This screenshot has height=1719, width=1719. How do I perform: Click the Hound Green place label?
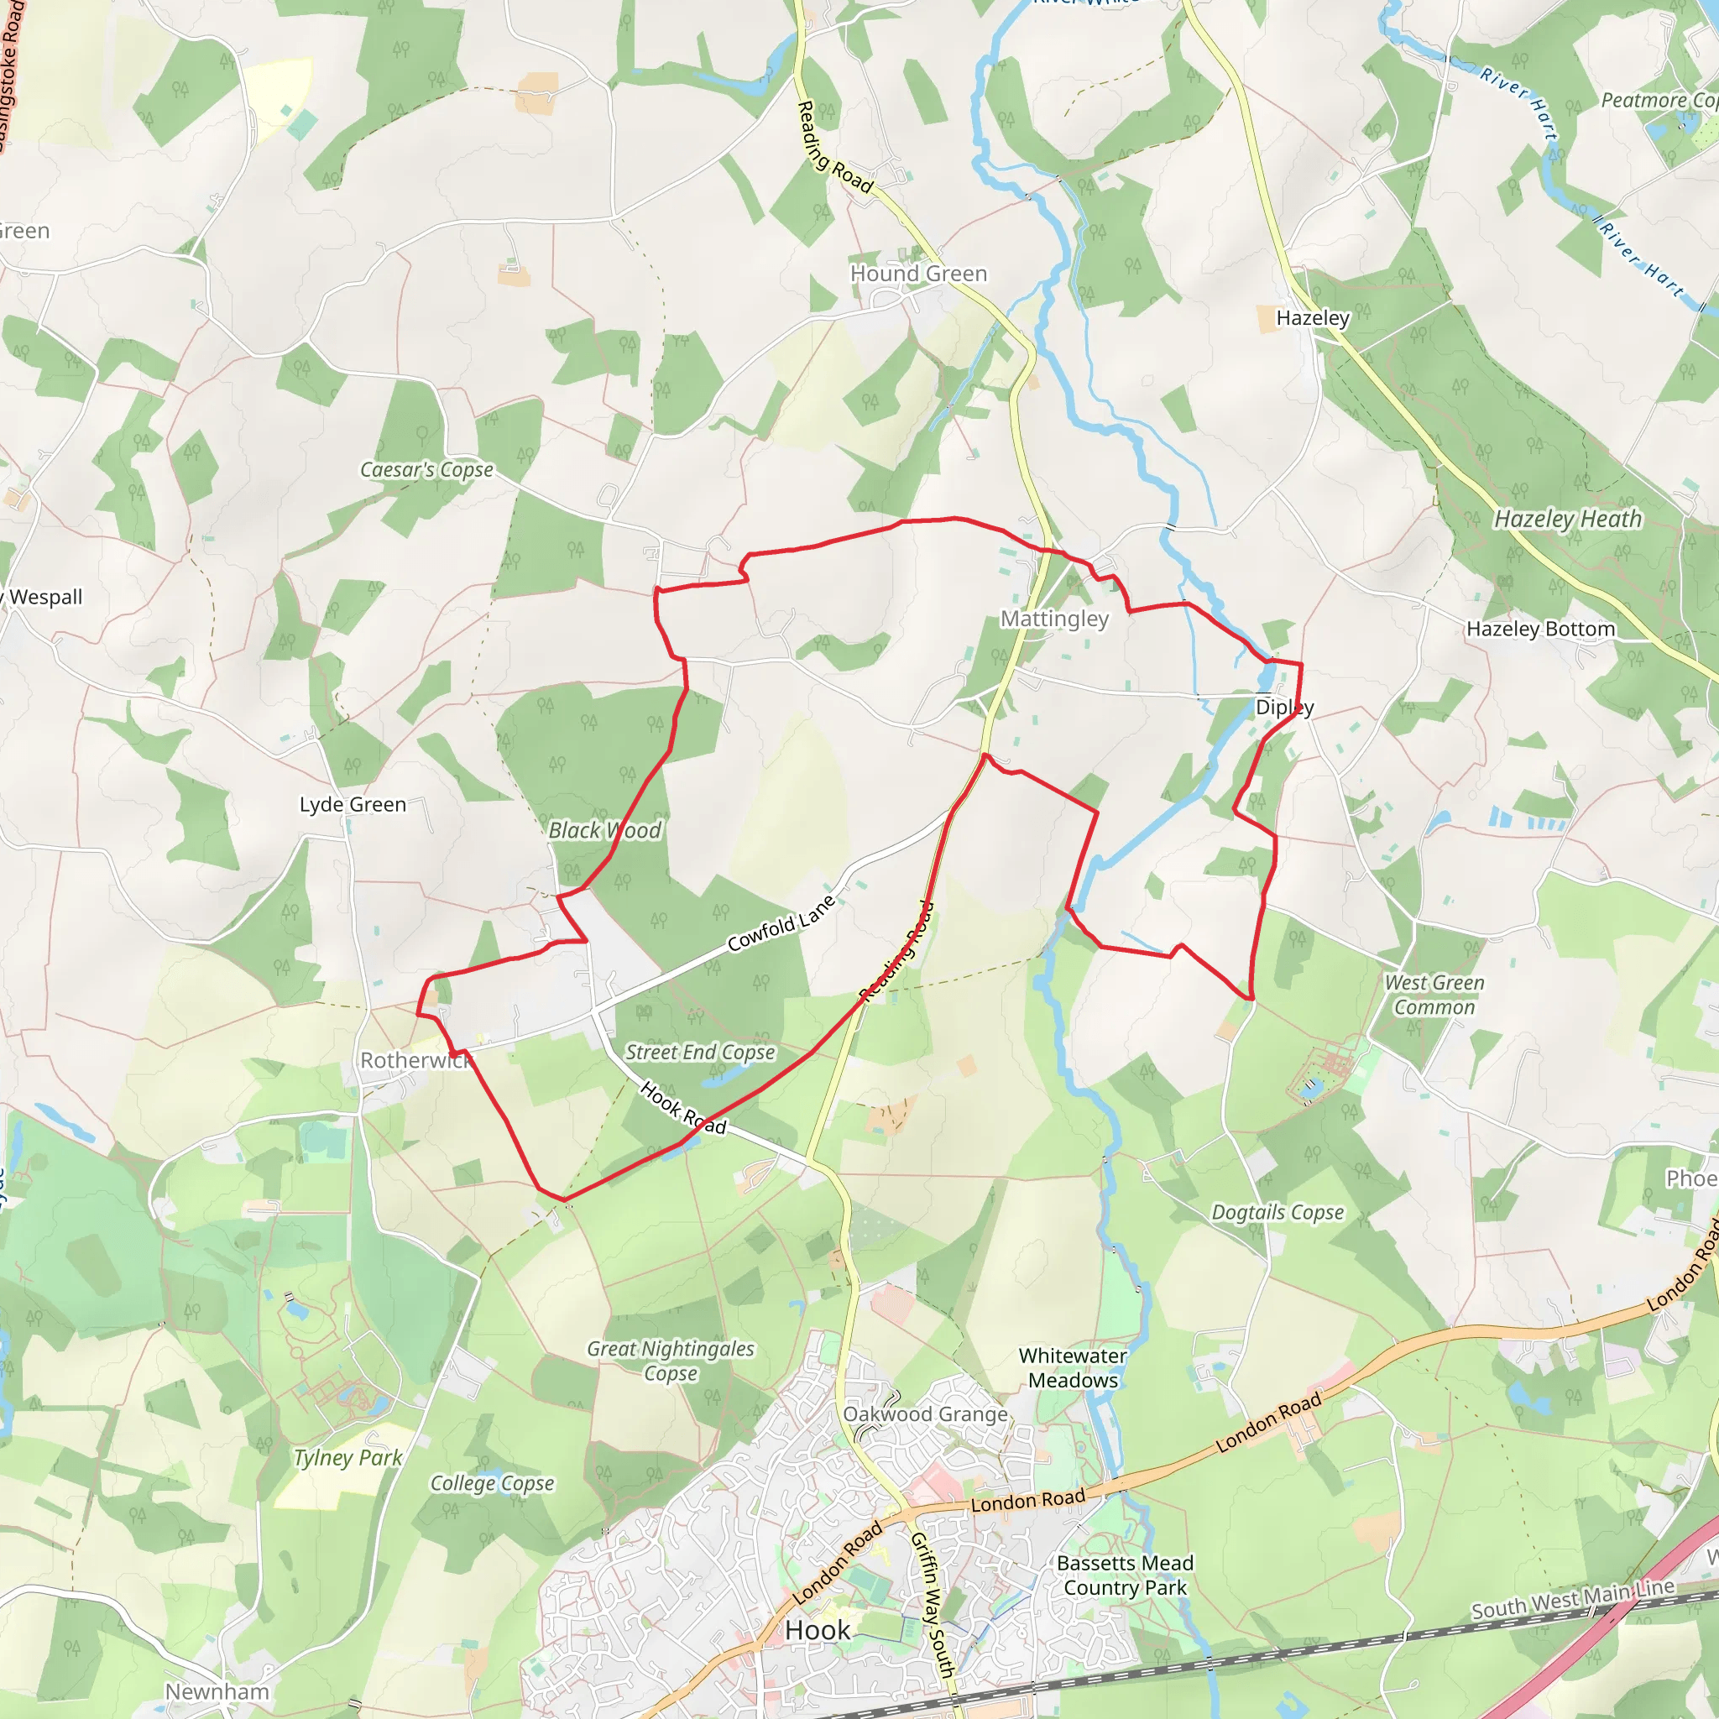pyautogui.click(x=918, y=273)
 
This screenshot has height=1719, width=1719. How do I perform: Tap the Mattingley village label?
pyautogui.click(x=1054, y=619)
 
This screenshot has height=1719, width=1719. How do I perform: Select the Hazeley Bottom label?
pyautogui.click(x=1540, y=628)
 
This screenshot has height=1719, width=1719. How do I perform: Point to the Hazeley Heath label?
pyautogui.click(x=1568, y=519)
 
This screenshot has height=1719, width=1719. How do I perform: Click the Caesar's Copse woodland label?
pyautogui.click(x=426, y=469)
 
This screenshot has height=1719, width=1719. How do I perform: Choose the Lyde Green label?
pyautogui.click(x=353, y=804)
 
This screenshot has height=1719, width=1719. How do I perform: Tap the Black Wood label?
pyautogui.click(x=604, y=830)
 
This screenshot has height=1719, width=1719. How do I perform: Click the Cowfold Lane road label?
pyautogui.click(x=781, y=923)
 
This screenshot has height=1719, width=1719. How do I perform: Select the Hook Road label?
pyautogui.click(x=682, y=1108)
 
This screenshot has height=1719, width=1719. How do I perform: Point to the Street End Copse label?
pyautogui.click(x=699, y=1052)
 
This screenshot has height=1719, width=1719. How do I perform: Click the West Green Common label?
pyautogui.click(x=1434, y=995)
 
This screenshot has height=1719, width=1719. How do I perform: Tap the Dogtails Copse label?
pyautogui.click(x=1277, y=1212)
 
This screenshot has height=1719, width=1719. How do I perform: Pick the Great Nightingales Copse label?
pyautogui.click(x=670, y=1361)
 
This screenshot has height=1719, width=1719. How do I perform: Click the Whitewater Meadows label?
pyautogui.click(x=1073, y=1367)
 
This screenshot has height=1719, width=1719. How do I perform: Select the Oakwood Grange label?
pyautogui.click(x=925, y=1413)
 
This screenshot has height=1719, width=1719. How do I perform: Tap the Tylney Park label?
pyautogui.click(x=347, y=1457)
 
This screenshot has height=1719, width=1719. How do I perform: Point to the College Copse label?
pyautogui.click(x=492, y=1483)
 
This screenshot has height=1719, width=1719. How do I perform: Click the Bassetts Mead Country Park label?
pyautogui.click(x=1125, y=1575)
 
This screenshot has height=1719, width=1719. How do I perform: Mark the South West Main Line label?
pyautogui.click(x=1573, y=1599)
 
